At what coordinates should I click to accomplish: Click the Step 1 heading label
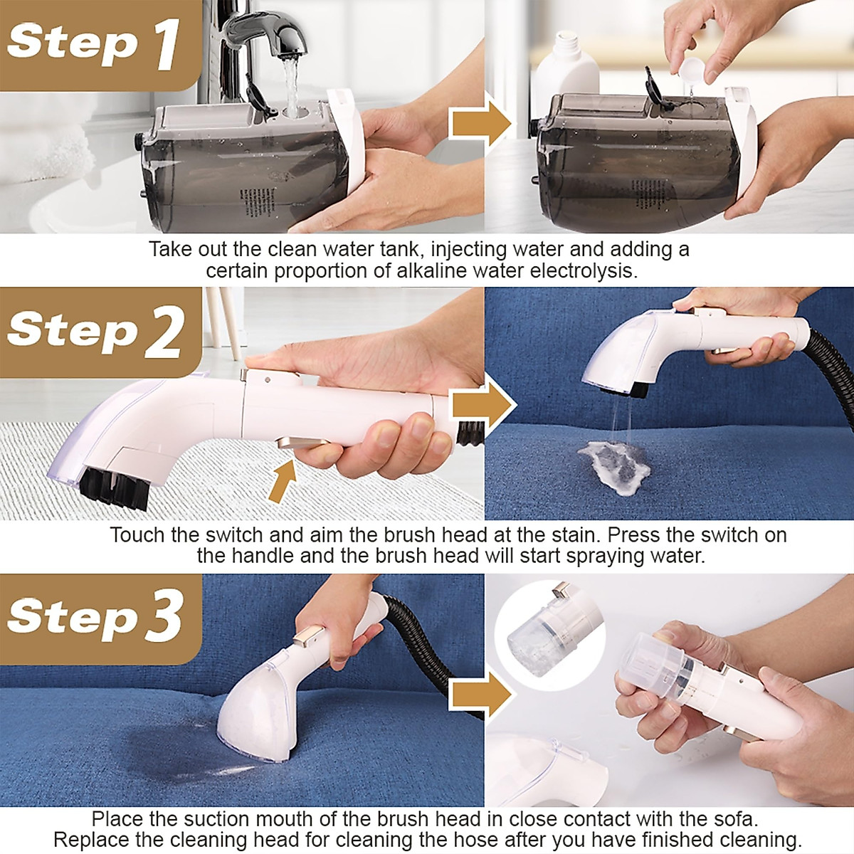[93, 44]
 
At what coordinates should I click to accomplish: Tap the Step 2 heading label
[95, 332]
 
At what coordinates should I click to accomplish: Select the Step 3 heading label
[95, 616]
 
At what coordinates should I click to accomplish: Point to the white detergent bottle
[566, 66]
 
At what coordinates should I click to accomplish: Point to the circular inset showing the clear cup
[549, 635]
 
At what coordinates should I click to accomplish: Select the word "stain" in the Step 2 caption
[575, 535]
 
